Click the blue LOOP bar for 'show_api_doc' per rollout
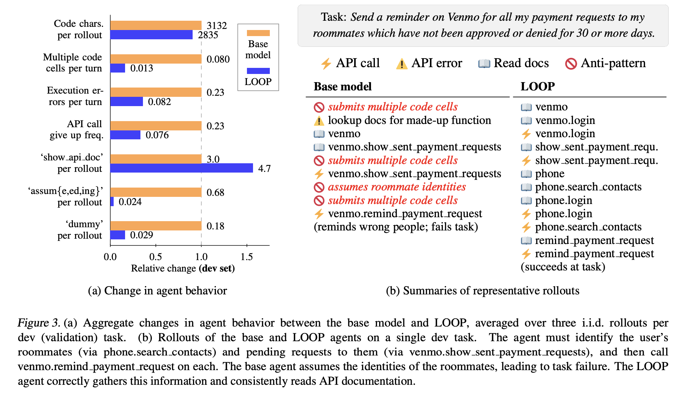coord(181,168)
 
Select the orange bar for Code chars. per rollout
coord(156,25)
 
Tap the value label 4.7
coord(264,169)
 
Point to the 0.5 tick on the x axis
coord(156,257)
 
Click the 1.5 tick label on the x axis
coord(247,257)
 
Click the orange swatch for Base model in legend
coord(258,33)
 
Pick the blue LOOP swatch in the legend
coord(258,71)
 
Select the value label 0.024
coord(130,202)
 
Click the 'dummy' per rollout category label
coord(80,230)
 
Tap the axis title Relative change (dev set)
coord(183,268)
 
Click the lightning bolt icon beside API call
coord(326,64)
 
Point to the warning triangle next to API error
coord(402,64)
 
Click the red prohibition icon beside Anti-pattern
coord(571,64)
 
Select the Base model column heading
coord(342,86)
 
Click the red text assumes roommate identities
coord(397,187)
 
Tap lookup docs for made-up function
coord(409,120)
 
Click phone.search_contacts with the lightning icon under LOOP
coord(588,227)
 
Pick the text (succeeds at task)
coord(562,267)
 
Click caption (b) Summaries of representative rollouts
coord(482,290)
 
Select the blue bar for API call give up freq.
coord(125,135)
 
